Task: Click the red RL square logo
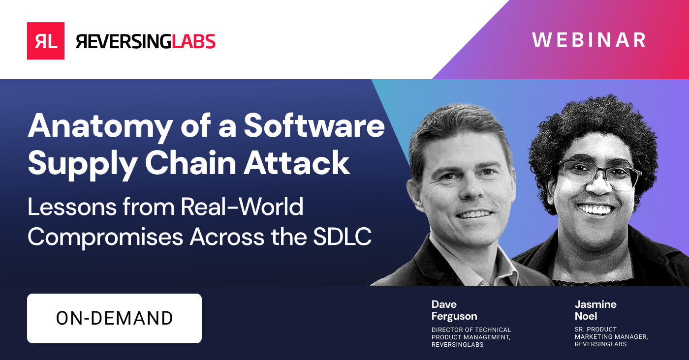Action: click(x=46, y=41)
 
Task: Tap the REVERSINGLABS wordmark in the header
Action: click(x=146, y=41)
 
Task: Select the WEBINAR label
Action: click(x=589, y=40)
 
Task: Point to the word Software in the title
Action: click(x=314, y=126)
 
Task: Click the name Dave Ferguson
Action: click(x=454, y=310)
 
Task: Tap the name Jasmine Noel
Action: click(x=595, y=310)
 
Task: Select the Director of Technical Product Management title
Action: click(x=471, y=337)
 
